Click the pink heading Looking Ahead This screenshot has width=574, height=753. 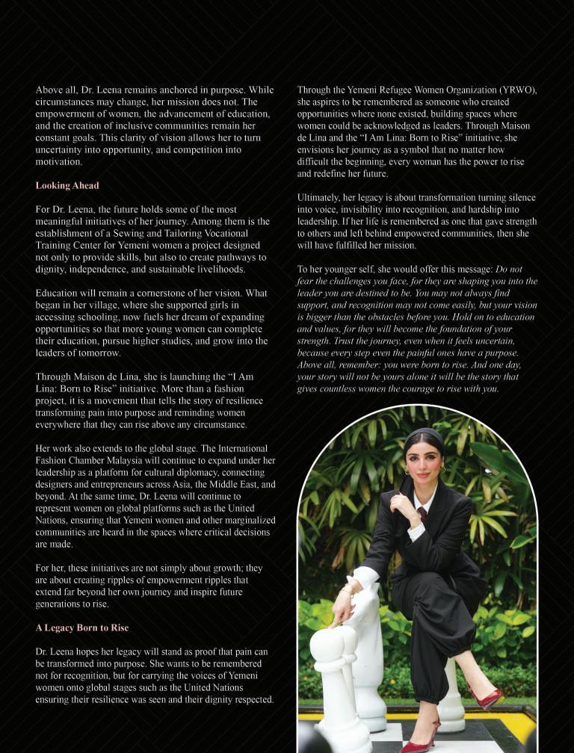(x=67, y=185)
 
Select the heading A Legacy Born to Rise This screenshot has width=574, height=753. (x=82, y=627)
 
